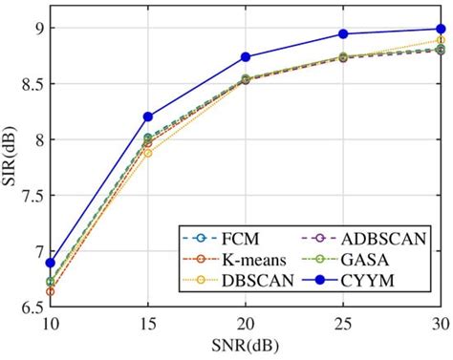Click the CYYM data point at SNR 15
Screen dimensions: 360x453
pos(147,116)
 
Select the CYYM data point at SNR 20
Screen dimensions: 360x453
pos(246,57)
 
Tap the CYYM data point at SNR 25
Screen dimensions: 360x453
pos(343,33)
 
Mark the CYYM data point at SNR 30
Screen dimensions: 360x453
pos(441,29)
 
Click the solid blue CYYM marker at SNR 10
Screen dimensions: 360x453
pos(50,263)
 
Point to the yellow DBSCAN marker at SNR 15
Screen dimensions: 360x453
pos(147,153)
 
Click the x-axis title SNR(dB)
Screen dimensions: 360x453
pos(245,346)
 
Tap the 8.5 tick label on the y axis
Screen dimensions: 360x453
pos(29,84)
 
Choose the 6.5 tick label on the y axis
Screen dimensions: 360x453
pos(29,307)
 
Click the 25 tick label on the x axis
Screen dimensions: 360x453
pos(343,324)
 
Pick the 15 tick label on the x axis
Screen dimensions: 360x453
pos(147,324)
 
